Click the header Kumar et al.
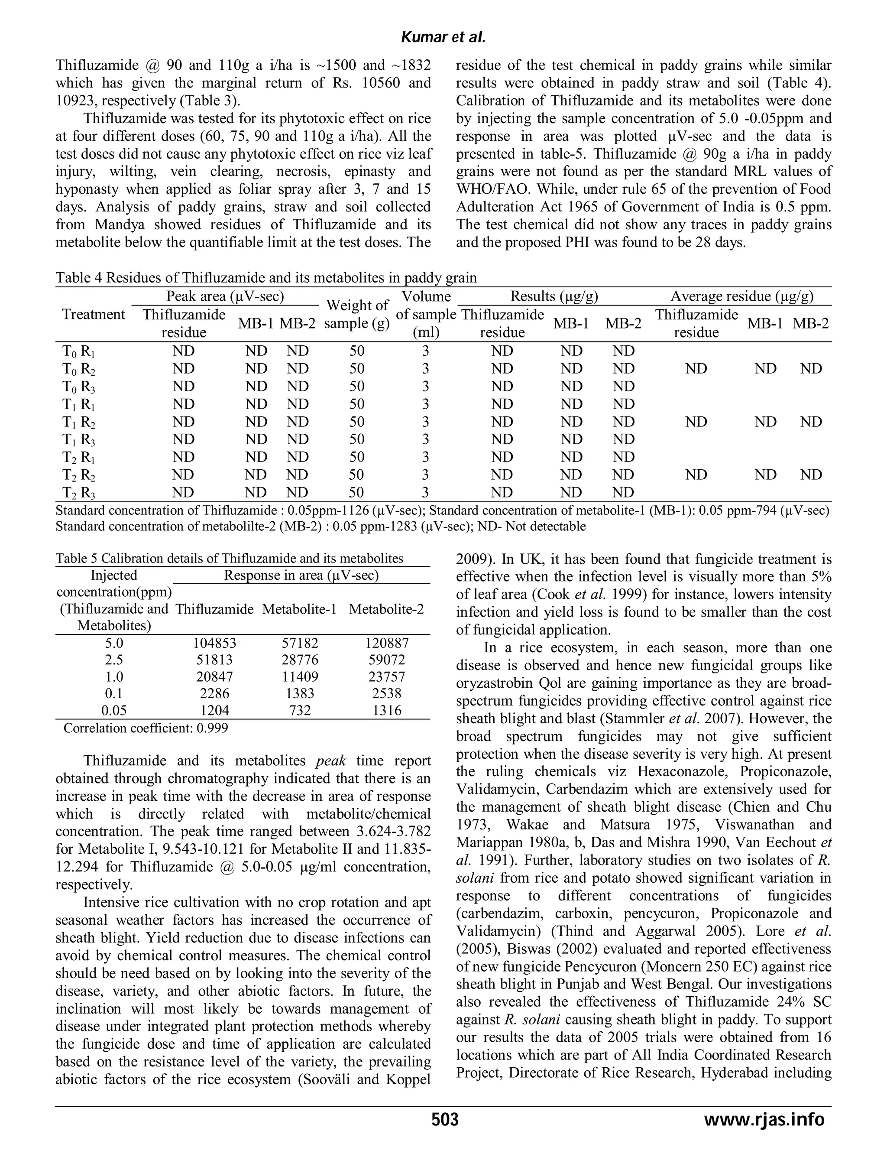tap(443, 38)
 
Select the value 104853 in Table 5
tap(214, 643)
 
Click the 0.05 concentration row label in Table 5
tap(115, 710)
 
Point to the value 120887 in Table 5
tap(386, 643)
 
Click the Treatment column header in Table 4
tap(94, 314)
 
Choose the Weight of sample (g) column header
tap(357, 314)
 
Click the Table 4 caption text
tap(266, 278)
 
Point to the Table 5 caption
tap(229, 558)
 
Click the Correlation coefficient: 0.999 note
tap(146, 728)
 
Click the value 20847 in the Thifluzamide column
tap(214, 676)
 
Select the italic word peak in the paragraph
tap(330, 761)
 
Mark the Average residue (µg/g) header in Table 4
tap(741, 296)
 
